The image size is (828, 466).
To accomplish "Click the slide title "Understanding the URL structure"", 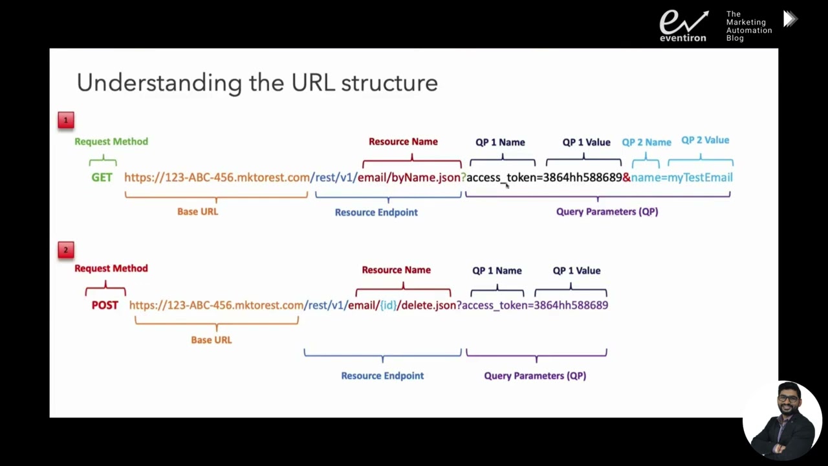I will pos(257,83).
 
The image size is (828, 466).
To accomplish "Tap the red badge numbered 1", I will pos(66,120).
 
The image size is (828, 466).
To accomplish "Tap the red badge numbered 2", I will pos(66,250).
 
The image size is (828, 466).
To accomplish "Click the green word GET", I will pos(102,177).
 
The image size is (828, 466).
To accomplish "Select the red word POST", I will pos(105,305).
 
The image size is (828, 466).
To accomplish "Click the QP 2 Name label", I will pos(646,142).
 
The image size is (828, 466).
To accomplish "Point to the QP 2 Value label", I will pos(704,140).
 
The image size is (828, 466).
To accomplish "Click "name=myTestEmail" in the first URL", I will pos(682,177).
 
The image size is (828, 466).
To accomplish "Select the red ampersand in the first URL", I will pos(626,177).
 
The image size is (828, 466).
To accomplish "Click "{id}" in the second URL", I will pos(387,305).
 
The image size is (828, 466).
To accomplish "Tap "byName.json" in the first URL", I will pos(426,177).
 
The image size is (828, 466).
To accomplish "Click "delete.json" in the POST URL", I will pos(428,305).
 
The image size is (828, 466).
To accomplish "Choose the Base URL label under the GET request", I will pos(197,212).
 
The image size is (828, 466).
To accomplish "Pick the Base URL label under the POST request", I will pos(211,340).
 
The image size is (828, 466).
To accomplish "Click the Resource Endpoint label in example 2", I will pos(382,375).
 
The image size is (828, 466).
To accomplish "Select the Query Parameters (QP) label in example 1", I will pos(607,212).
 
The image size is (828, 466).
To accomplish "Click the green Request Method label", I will pos(111,142).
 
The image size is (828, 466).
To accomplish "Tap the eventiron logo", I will pos(683,26).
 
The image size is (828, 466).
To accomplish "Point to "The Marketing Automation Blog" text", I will pos(748,26).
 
